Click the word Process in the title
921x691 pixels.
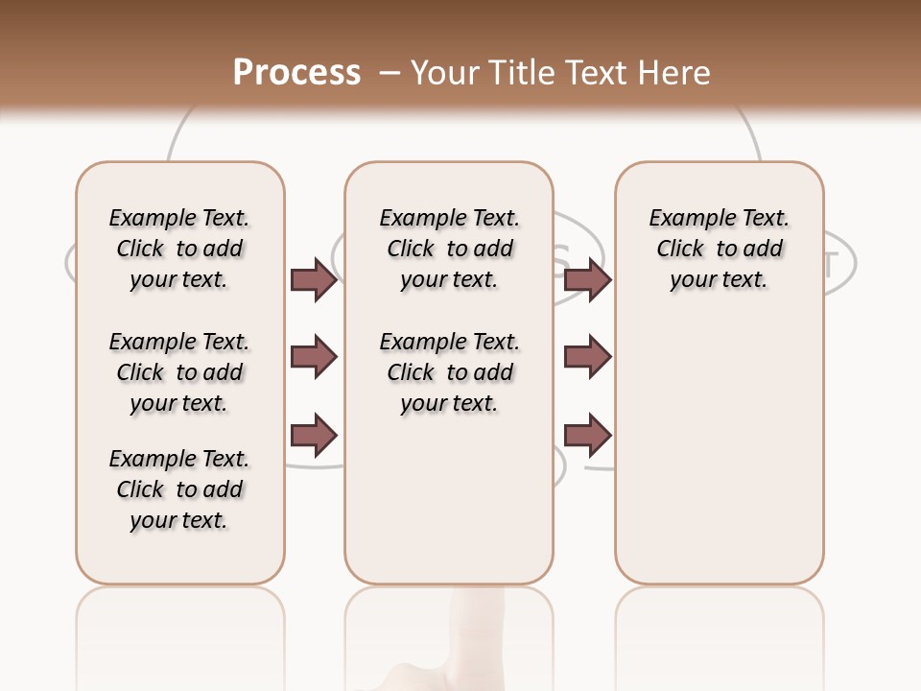296,72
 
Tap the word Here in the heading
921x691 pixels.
673,72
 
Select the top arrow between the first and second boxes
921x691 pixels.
314,279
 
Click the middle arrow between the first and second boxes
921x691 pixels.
314,357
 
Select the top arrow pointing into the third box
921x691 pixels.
587,279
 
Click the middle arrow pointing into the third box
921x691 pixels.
587,357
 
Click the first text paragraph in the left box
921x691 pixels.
179,249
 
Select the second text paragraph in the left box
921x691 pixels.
179,372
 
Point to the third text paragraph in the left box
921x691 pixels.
179,489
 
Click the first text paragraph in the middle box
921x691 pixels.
450,249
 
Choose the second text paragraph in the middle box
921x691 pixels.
450,372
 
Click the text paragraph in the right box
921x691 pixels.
720,249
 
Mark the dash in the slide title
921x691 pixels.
390,72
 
